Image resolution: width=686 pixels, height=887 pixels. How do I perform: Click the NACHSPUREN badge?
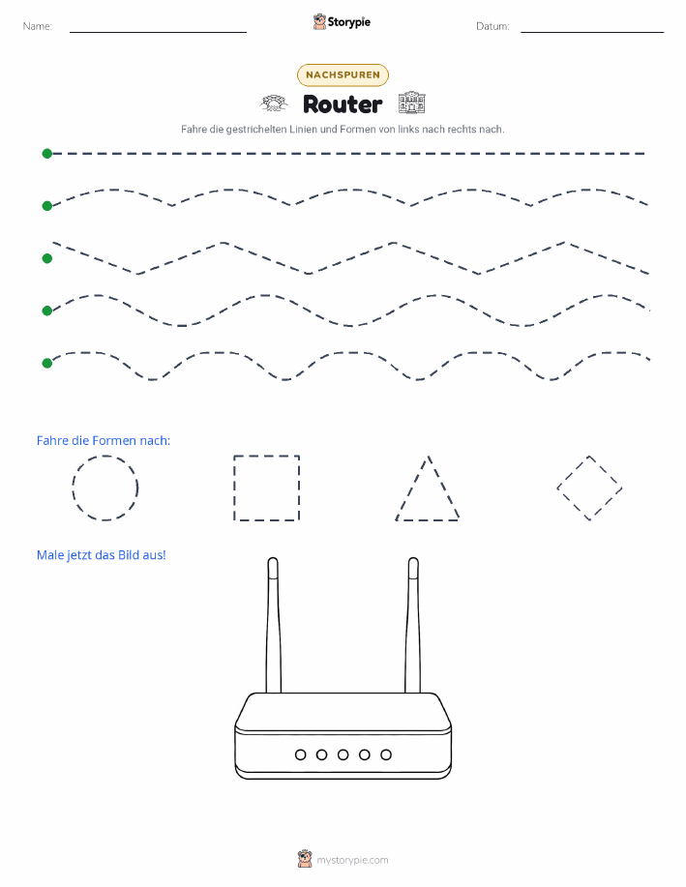343,74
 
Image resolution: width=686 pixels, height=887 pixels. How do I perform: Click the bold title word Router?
343,104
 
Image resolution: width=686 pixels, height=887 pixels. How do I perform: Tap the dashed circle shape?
73,488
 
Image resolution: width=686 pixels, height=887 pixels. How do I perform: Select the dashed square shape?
234,488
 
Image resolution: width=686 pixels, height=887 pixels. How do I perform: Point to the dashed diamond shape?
573,472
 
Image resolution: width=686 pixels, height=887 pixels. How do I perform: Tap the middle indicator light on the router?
343,754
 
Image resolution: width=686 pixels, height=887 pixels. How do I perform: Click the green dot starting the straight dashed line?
47,153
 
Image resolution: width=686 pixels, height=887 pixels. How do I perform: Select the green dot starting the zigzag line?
47,258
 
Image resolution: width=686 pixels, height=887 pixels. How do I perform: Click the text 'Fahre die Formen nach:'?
103,441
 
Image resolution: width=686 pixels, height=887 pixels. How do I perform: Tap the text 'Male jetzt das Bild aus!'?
102,555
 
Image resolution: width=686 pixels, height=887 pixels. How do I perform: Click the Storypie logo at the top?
342,22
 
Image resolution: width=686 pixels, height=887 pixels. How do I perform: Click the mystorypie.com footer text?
352,861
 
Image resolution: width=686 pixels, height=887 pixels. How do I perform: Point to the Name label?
38,26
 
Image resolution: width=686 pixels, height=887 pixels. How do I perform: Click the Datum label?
492,26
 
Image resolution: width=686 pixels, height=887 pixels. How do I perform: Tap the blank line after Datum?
592,32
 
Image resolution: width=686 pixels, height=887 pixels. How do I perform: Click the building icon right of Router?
411,103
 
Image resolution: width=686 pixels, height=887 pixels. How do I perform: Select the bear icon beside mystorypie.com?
305,859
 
